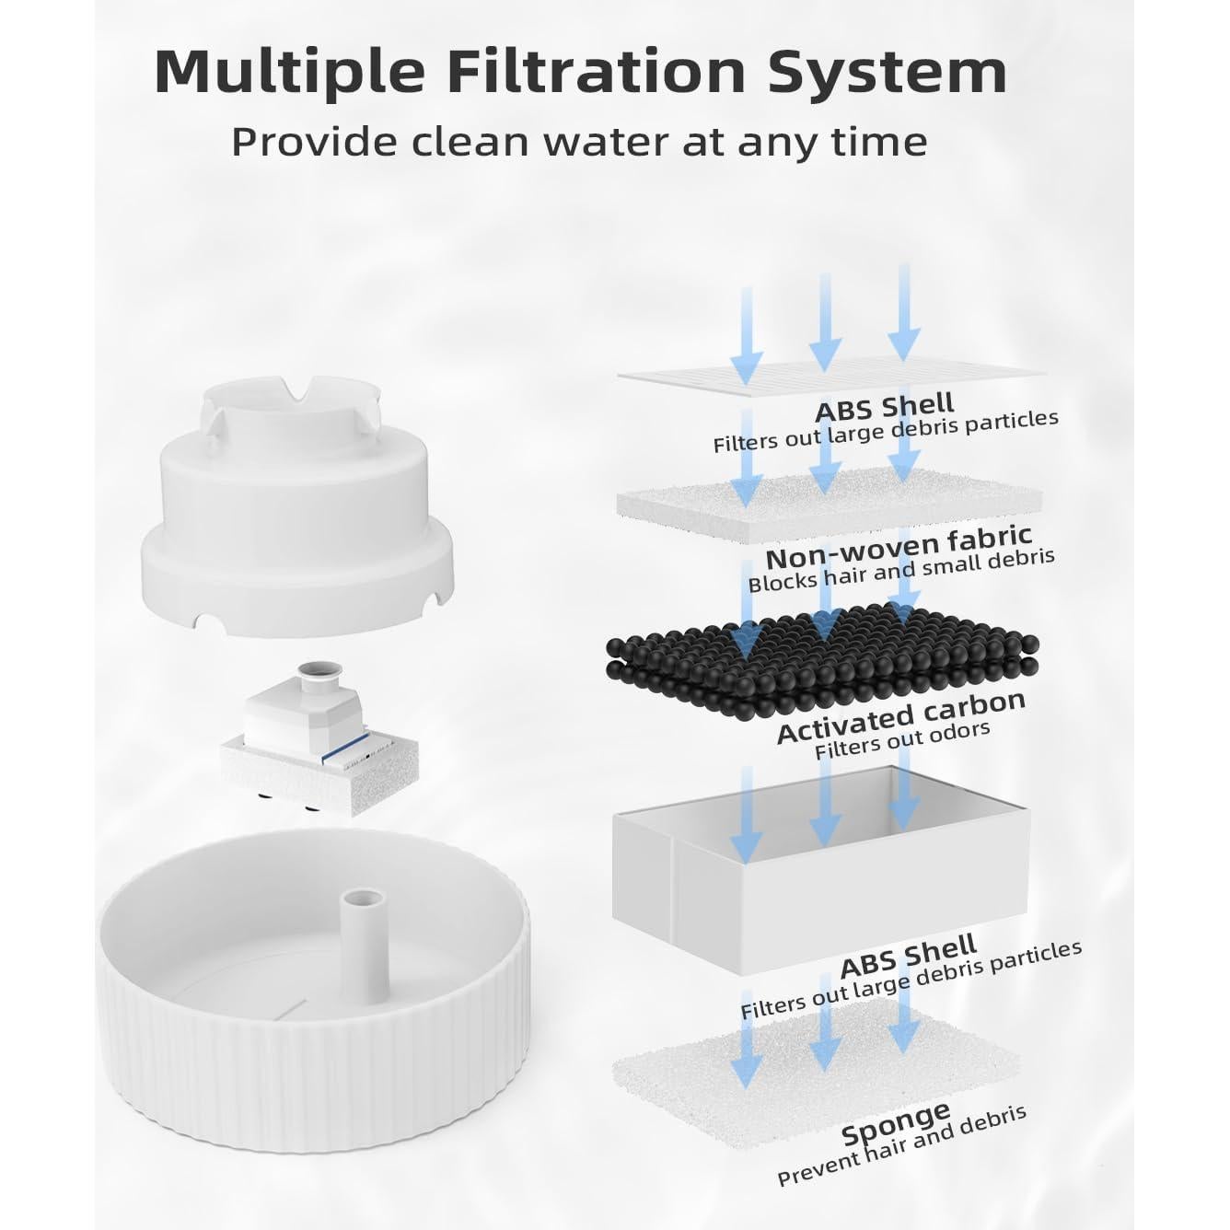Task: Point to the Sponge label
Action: click(895, 1123)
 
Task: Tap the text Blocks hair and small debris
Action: click(900, 572)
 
